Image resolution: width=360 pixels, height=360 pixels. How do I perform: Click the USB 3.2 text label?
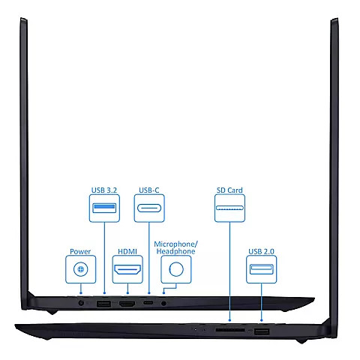(104, 190)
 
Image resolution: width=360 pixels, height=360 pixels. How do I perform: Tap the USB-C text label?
(149, 190)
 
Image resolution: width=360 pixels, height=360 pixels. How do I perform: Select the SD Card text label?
(229, 190)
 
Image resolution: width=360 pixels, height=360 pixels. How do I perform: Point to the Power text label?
(80, 251)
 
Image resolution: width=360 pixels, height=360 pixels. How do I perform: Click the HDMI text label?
(127, 251)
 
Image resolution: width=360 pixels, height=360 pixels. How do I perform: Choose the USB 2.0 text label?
(261, 251)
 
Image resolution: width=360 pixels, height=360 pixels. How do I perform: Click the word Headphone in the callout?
(175, 251)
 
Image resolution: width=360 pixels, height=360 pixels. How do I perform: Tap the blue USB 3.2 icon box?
(104, 208)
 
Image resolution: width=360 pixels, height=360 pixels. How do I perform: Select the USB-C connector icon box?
(149, 208)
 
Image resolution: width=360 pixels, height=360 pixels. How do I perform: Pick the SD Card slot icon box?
(229, 208)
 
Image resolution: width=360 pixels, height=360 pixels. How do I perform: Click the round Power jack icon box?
(81, 269)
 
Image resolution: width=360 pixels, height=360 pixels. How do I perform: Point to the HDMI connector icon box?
(127, 269)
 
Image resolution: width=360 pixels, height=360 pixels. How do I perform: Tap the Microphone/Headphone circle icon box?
(176, 269)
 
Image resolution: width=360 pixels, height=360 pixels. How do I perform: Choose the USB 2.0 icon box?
(262, 269)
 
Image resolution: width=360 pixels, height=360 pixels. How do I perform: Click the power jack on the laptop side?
(81, 303)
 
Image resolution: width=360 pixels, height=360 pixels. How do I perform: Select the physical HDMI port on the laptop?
(127, 304)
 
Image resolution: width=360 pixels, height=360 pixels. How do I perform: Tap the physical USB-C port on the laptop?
(148, 303)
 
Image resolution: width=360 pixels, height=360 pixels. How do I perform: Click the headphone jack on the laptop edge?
(163, 303)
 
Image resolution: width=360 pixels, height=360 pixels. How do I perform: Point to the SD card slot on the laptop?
(230, 330)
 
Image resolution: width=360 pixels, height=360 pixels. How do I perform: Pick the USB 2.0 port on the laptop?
(262, 332)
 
